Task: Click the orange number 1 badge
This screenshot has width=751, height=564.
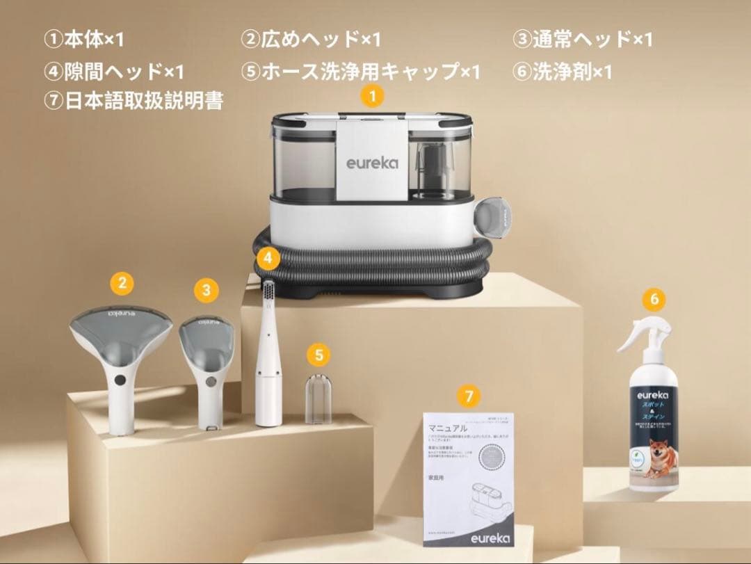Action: click(373, 97)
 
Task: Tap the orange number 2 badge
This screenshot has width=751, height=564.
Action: click(122, 282)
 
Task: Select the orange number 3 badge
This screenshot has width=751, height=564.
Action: click(206, 289)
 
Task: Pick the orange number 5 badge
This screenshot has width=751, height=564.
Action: click(318, 355)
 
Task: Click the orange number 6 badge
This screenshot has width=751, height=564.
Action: click(653, 300)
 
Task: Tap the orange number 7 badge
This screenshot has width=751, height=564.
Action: click(469, 397)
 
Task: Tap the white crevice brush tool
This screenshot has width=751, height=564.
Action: click(268, 362)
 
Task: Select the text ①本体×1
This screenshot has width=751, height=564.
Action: click(84, 40)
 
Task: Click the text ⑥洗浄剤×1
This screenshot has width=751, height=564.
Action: click(563, 72)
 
